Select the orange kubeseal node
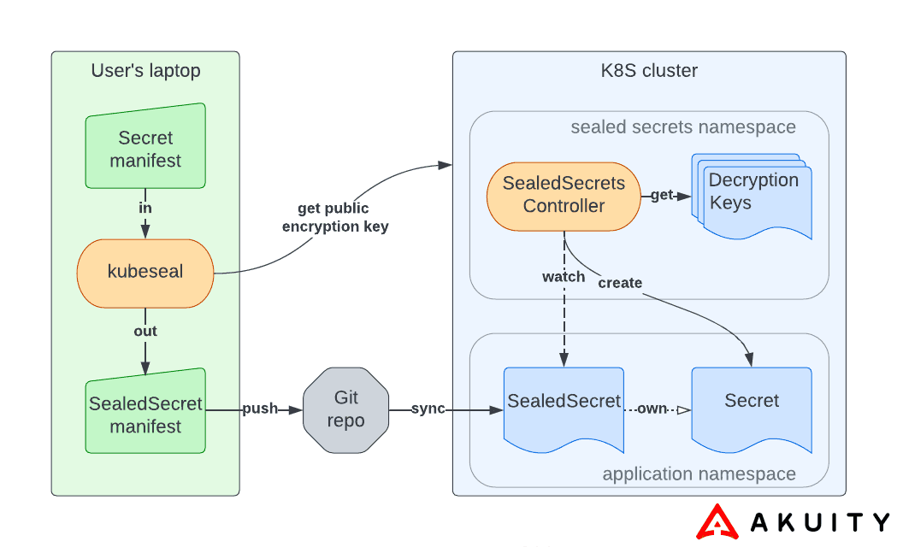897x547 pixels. [145, 273]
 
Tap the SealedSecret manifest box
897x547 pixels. [145, 414]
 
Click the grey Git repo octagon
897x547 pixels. [345, 410]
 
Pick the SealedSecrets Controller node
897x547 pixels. [564, 195]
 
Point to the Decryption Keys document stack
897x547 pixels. [753, 195]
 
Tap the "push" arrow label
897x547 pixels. [260, 409]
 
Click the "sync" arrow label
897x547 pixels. [428, 409]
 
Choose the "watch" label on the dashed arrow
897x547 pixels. [564, 277]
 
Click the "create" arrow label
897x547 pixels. [620, 283]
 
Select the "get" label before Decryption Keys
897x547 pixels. [662, 196]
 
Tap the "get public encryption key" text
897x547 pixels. [333, 217]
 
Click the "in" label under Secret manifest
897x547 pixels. [145, 208]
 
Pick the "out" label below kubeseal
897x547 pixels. [145, 331]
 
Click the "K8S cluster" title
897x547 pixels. [649, 71]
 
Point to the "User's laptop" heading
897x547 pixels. [145, 71]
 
